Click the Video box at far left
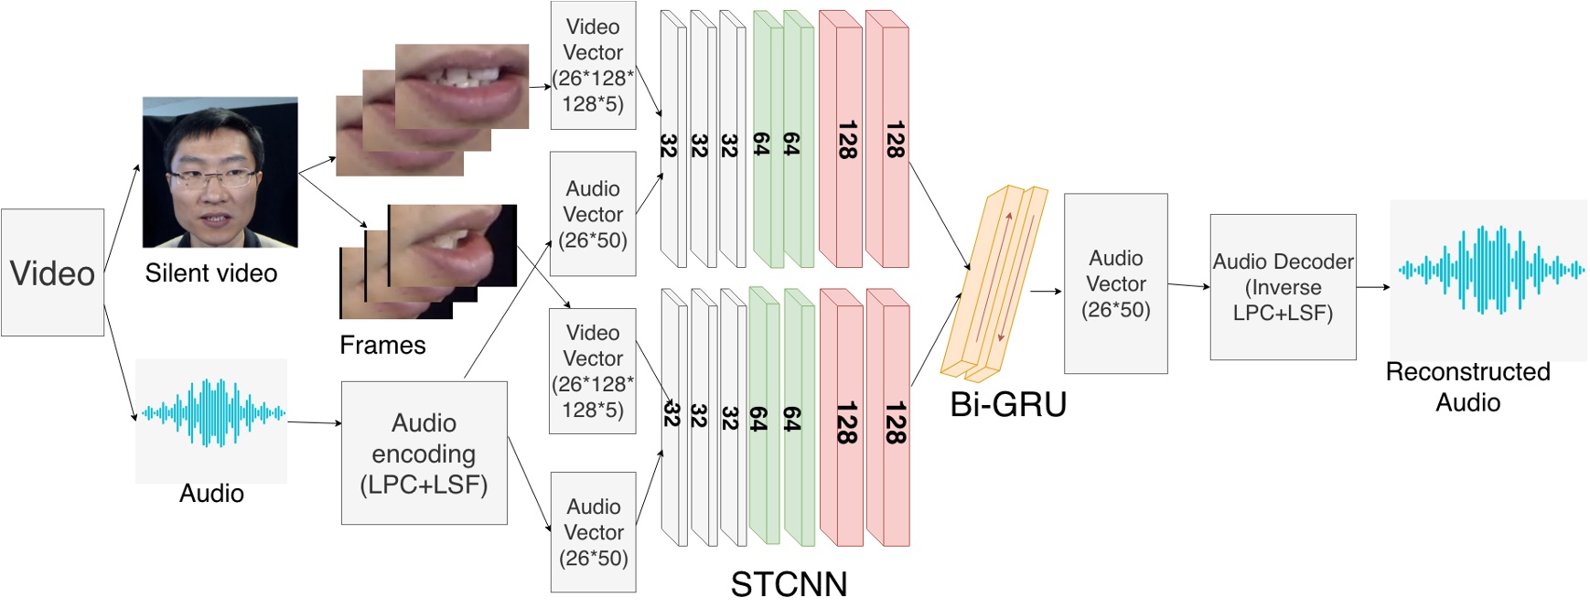pyautogui.click(x=52, y=272)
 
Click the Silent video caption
pyautogui.click(x=210, y=272)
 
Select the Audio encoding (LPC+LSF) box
pyautogui.click(x=424, y=453)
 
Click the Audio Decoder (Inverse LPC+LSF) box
pyautogui.click(x=1283, y=287)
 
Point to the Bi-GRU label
pyautogui.click(x=1008, y=404)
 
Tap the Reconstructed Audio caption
pyautogui.click(x=1467, y=387)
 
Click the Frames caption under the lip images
pyautogui.click(x=382, y=345)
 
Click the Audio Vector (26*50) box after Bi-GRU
pyautogui.click(x=1115, y=283)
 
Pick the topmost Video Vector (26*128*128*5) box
pyautogui.click(x=593, y=65)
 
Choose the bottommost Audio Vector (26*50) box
pyautogui.click(x=594, y=532)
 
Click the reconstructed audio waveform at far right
pyautogui.click(x=1489, y=270)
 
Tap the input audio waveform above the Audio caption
pyautogui.click(x=211, y=413)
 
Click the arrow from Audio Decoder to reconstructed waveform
pyautogui.click(x=1372, y=287)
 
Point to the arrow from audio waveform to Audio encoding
pyautogui.click(x=314, y=422)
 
